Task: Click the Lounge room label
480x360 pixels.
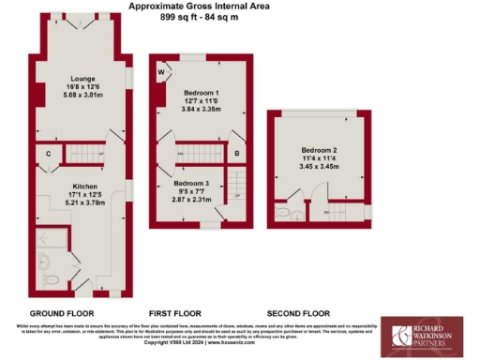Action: tap(80, 78)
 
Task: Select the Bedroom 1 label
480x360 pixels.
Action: tap(202, 95)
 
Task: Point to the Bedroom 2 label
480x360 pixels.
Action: tap(321, 150)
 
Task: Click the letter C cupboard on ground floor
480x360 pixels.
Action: tap(48, 151)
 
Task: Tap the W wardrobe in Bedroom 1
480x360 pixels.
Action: tap(160, 72)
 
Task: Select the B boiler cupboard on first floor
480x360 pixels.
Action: tap(237, 152)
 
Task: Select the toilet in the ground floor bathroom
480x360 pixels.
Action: tap(52, 277)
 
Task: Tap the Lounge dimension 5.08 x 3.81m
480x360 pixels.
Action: tap(80, 95)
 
